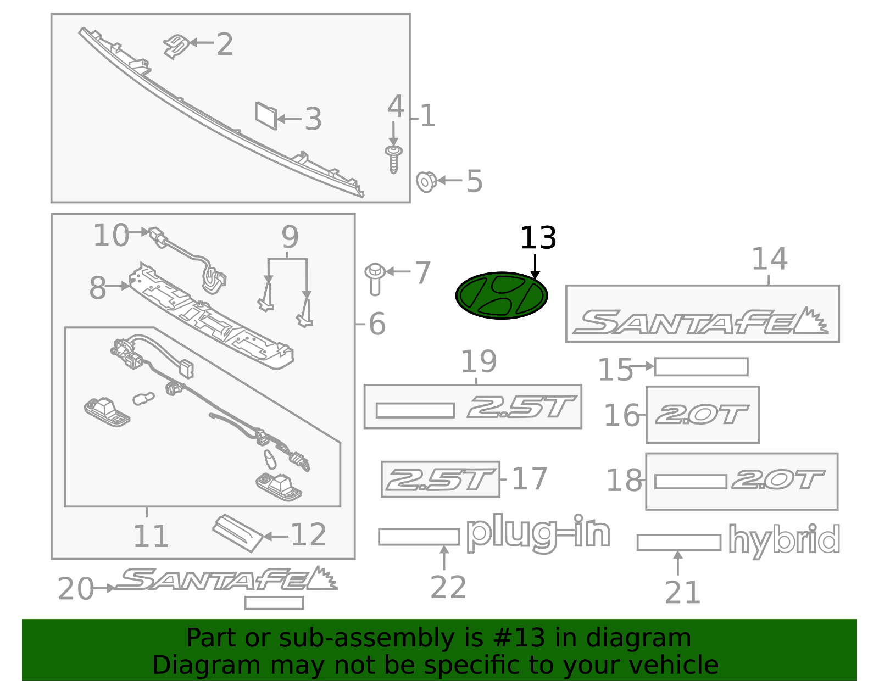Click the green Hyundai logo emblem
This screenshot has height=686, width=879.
tap(502, 295)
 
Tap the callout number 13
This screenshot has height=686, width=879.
tap(538, 238)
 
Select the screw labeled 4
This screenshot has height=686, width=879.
tap(393, 159)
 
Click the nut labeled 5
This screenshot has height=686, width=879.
tap(426, 181)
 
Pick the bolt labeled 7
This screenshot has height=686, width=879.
tap(375, 278)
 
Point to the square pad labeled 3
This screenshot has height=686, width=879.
tap(266, 115)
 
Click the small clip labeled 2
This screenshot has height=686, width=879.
tap(176, 45)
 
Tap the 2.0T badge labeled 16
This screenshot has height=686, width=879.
tap(702, 415)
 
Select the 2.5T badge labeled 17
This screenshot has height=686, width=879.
tap(440, 479)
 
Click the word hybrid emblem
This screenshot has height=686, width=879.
tap(784, 540)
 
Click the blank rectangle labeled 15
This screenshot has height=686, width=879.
tap(701, 367)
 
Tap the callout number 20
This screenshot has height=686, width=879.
tap(75, 589)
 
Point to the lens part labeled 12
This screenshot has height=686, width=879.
tap(238, 532)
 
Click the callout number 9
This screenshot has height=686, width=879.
tap(290, 237)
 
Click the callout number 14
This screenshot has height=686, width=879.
tap(769, 259)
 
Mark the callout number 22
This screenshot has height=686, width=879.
tap(448, 587)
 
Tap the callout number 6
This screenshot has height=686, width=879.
tap(377, 324)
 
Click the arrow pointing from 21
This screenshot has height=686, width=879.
tap(678, 563)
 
